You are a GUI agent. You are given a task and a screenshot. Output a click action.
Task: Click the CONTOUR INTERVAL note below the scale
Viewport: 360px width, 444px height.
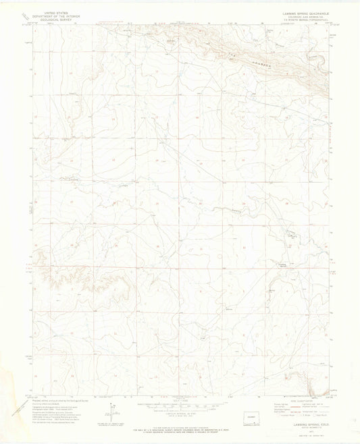[177, 414]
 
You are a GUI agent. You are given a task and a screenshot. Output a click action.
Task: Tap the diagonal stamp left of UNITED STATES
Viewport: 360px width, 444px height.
[21, 15]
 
